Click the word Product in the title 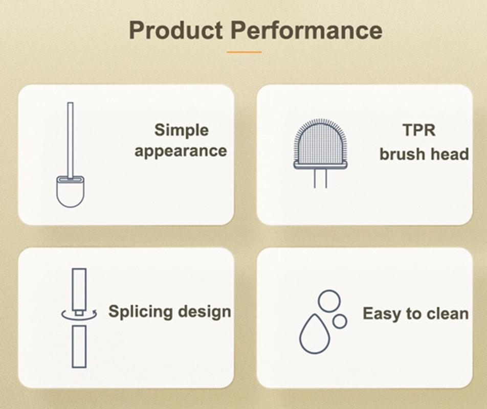pyautogui.click(x=176, y=30)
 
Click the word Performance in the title pyautogui.click(x=306, y=30)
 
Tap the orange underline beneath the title pyautogui.click(x=244, y=52)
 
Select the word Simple pyautogui.click(x=182, y=130)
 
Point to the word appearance pyautogui.click(x=181, y=151)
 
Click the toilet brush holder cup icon pyautogui.click(x=70, y=192)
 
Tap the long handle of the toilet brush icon pyautogui.click(x=71, y=140)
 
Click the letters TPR pyautogui.click(x=419, y=130)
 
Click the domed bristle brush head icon pyautogui.click(x=321, y=144)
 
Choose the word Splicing pyautogui.click(x=141, y=311)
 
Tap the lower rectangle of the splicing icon pyautogui.click(x=79, y=347)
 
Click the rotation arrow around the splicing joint pyautogui.click(x=79, y=318)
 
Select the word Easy pyautogui.click(x=381, y=314)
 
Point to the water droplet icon pyautogui.click(x=314, y=334)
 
